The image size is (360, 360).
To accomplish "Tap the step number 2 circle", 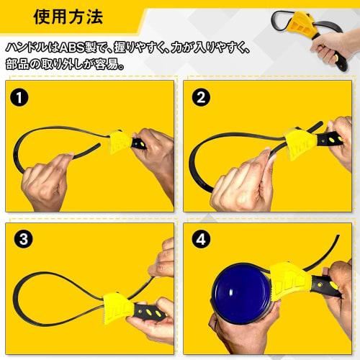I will click(197, 96).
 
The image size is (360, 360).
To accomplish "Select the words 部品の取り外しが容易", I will click(65, 63).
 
